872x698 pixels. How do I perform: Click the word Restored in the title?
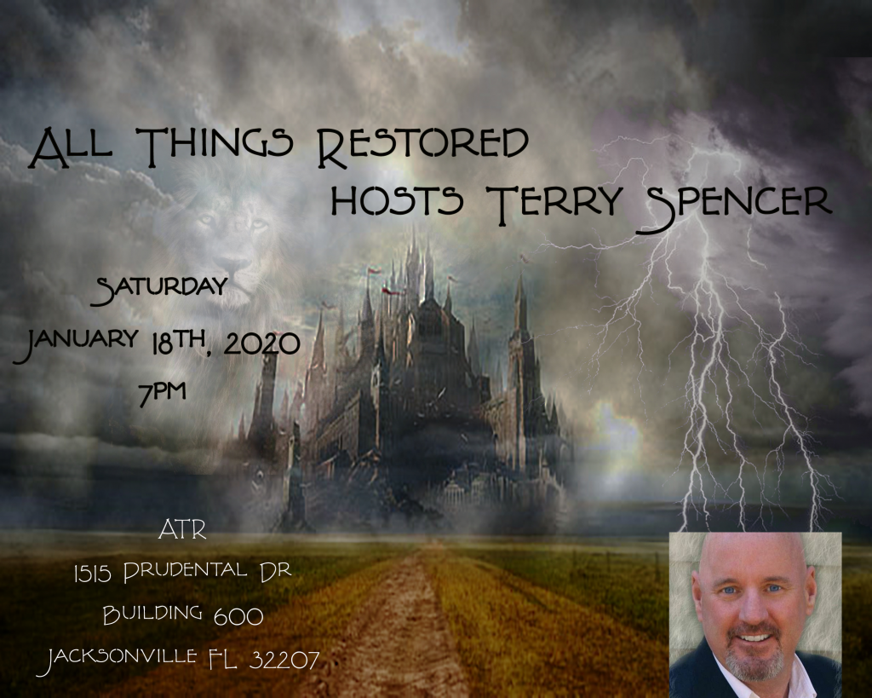[x=422, y=147]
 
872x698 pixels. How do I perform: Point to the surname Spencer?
[x=734, y=206]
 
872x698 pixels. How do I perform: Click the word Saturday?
[x=162, y=288]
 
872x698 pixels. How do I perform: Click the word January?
[x=76, y=341]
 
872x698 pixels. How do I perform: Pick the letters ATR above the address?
[x=182, y=530]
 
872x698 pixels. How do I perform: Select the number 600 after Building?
[x=238, y=616]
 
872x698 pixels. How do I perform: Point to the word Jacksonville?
[x=120, y=659]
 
